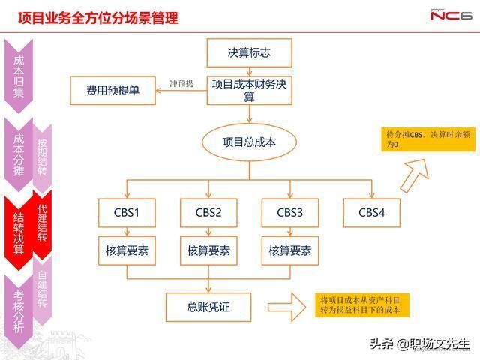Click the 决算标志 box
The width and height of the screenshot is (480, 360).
click(x=249, y=53)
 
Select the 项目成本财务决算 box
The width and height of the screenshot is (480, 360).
click(x=249, y=90)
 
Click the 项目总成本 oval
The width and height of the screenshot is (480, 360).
click(x=249, y=142)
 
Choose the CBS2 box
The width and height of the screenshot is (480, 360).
click(x=208, y=212)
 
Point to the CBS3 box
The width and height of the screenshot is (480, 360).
click(x=290, y=212)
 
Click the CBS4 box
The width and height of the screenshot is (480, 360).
click(x=371, y=212)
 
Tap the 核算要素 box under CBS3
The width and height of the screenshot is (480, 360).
click(x=290, y=250)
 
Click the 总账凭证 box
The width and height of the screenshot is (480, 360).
click(x=208, y=306)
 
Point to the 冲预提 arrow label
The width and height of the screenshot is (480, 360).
click(x=181, y=83)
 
